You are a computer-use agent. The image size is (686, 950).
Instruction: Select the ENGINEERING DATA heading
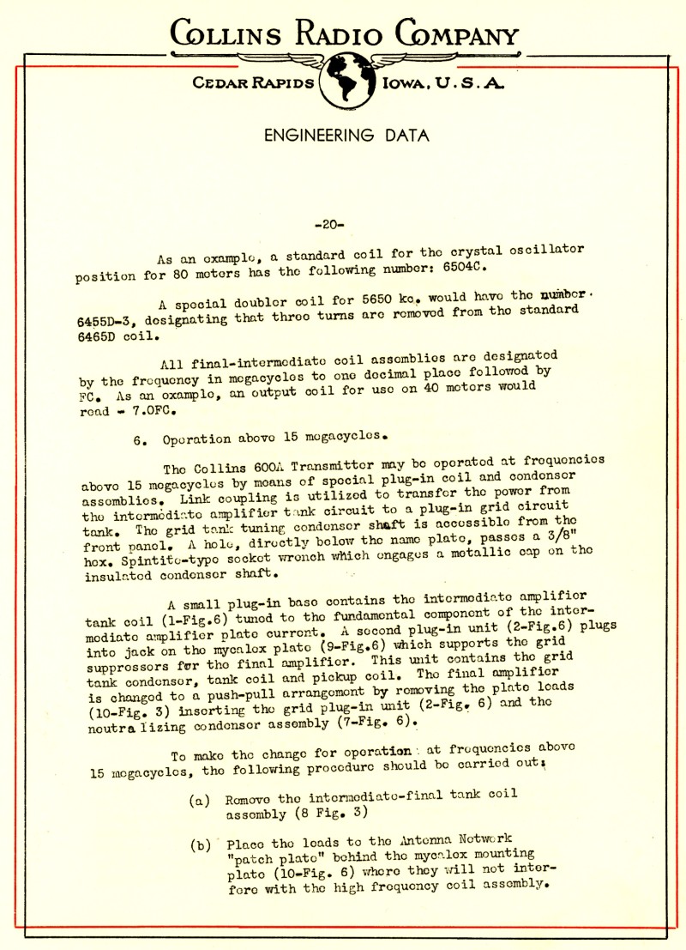(x=346, y=136)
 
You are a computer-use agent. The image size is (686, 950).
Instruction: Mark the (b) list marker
(x=200, y=844)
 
